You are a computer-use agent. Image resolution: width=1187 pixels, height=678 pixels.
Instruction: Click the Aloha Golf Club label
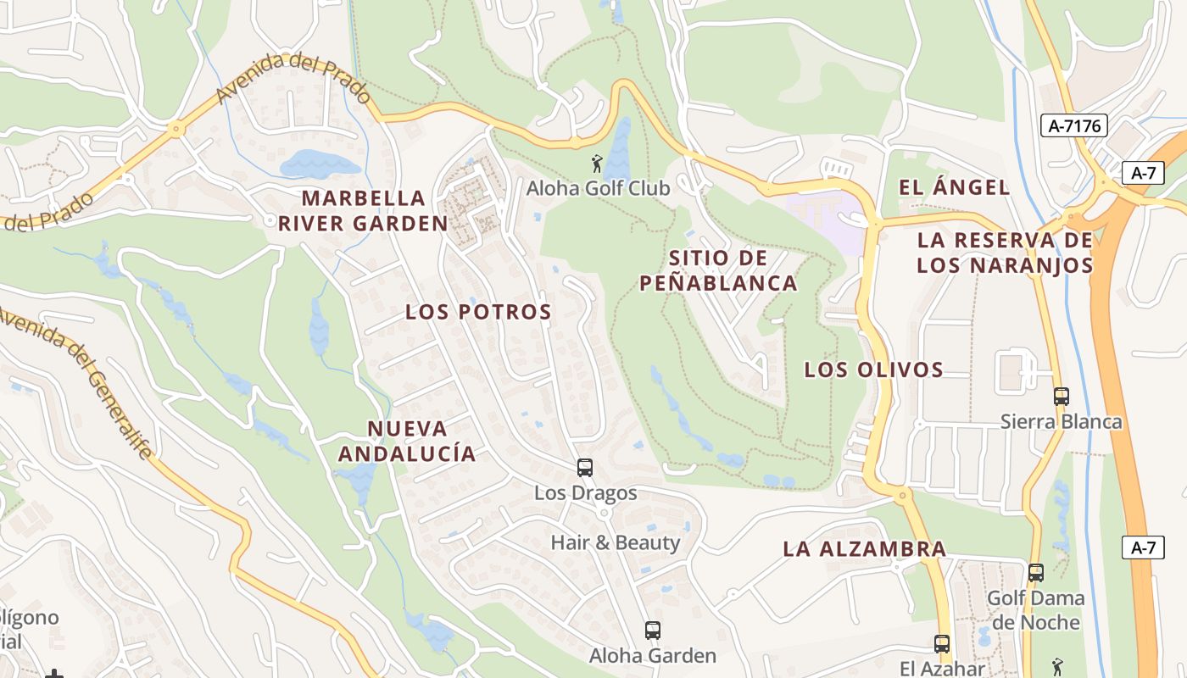click(599, 188)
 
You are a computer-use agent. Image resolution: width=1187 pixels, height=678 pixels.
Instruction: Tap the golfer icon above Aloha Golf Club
click(598, 163)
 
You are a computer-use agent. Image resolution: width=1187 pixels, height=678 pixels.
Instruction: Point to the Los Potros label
click(478, 312)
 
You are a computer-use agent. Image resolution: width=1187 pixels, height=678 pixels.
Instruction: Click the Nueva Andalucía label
click(407, 441)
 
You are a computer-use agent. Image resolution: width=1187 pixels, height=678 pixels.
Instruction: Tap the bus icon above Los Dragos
click(584, 468)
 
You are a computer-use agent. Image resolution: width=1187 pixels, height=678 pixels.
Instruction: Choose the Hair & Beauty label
click(616, 542)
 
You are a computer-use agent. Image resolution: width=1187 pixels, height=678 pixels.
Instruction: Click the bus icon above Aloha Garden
click(652, 631)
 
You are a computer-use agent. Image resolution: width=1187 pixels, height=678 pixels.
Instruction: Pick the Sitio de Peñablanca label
click(718, 270)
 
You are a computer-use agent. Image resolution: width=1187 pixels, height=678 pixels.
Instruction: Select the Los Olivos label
click(873, 370)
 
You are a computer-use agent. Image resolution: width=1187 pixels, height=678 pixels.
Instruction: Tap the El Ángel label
click(955, 187)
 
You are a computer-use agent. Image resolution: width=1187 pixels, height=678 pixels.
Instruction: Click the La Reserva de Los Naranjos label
click(1005, 253)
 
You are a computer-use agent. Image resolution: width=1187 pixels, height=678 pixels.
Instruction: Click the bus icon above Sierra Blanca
click(1061, 396)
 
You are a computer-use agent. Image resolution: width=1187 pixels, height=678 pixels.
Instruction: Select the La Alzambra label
click(864, 548)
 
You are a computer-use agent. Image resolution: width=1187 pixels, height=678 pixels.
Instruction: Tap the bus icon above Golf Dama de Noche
click(1035, 573)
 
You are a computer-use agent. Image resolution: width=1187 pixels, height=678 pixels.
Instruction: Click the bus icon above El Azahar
click(942, 644)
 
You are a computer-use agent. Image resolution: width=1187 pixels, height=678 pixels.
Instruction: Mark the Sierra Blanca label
click(1061, 422)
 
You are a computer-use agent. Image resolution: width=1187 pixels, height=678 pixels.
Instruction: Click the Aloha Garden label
click(653, 656)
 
